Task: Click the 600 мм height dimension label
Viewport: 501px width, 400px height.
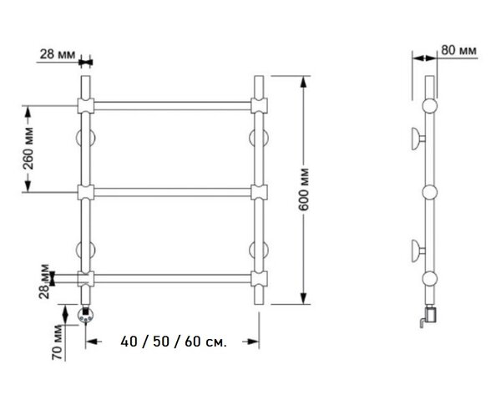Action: [304, 189]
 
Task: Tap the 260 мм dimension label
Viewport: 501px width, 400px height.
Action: [28, 149]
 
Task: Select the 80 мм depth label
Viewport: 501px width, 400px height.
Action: [458, 50]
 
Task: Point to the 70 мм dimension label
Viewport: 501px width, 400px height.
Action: [58, 342]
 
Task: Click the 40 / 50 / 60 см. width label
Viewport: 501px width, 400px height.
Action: [174, 342]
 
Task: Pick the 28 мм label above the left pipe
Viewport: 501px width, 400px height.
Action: [58, 54]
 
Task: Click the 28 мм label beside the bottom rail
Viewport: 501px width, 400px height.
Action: [45, 281]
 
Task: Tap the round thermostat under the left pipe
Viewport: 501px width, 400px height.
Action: [86, 315]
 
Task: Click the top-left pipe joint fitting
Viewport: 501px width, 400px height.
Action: [86, 106]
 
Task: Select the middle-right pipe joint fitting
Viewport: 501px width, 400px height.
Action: [259, 192]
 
